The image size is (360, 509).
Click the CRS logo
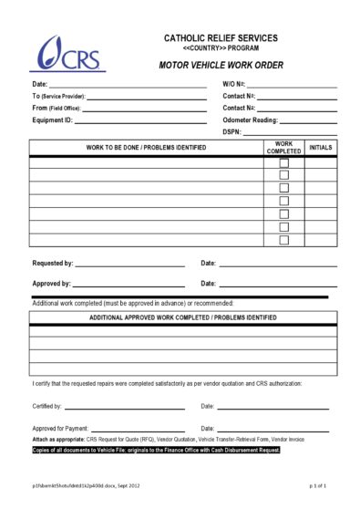(x=69, y=55)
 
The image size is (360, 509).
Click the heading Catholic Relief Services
(x=221, y=37)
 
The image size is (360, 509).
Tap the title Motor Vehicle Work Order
(x=221, y=67)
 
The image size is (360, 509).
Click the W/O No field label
(x=233, y=84)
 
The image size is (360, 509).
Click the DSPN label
(x=231, y=132)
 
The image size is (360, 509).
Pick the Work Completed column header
(x=283, y=148)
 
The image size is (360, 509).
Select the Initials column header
(x=320, y=146)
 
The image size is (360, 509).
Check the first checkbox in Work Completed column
(x=283, y=163)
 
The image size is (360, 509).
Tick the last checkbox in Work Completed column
(x=283, y=240)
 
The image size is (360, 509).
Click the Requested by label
(x=53, y=264)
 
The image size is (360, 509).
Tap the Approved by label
(x=51, y=284)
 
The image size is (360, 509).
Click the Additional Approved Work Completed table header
(x=182, y=317)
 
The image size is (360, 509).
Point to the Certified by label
(x=47, y=406)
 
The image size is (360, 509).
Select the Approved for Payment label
(x=61, y=428)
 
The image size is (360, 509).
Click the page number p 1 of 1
(x=317, y=487)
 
